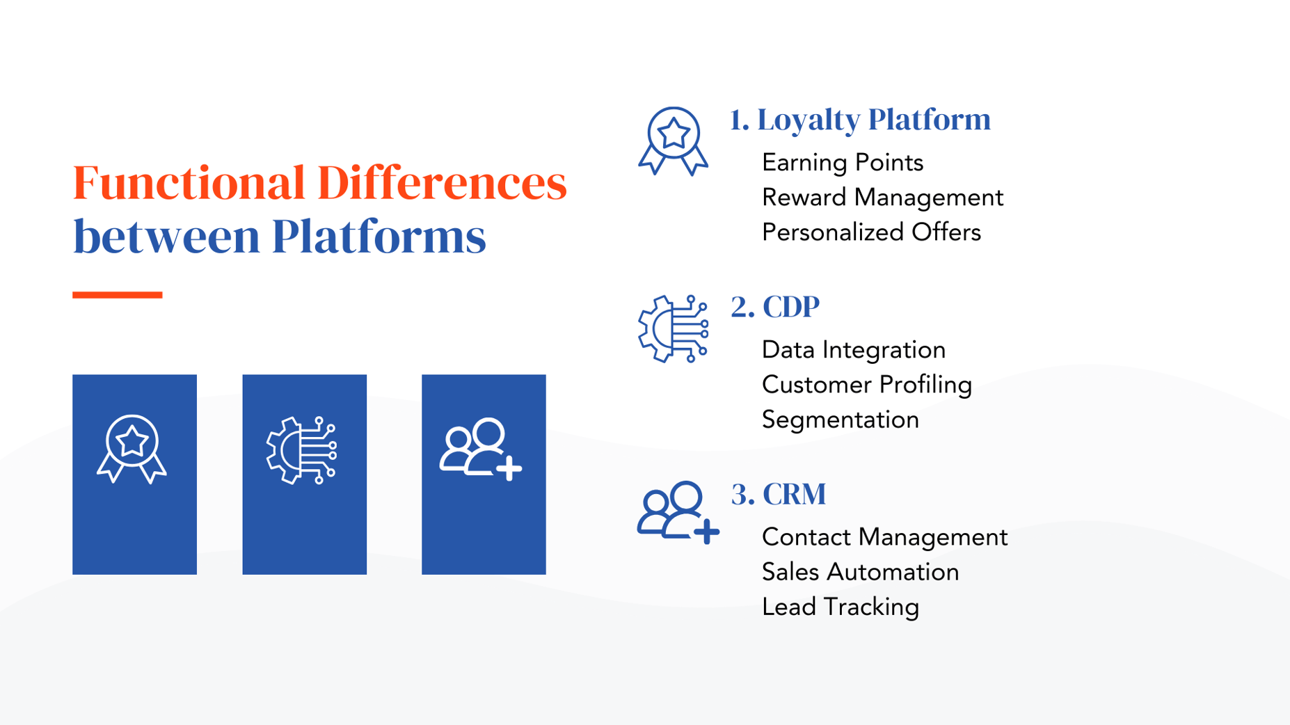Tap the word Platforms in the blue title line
(x=379, y=237)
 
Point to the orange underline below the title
(x=118, y=295)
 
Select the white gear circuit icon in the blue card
(x=302, y=450)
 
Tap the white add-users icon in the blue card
(x=480, y=449)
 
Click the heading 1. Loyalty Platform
(x=860, y=120)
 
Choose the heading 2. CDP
(x=775, y=307)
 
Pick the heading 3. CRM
(x=779, y=494)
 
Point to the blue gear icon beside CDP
(x=673, y=328)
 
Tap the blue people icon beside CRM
(x=677, y=513)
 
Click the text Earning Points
(x=843, y=163)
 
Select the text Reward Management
(x=882, y=198)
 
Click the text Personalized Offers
(x=871, y=232)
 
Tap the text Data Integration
(x=854, y=350)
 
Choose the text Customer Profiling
(x=867, y=385)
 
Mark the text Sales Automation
(x=861, y=572)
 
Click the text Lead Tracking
(x=841, y=607)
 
